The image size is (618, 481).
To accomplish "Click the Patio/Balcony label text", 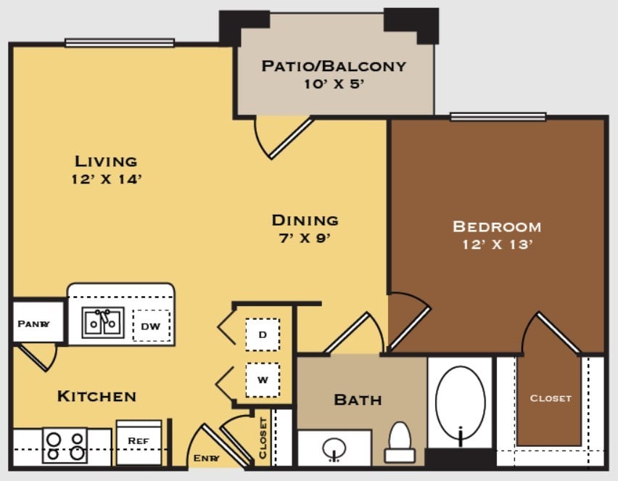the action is pyautogui.click(x=334, y=66).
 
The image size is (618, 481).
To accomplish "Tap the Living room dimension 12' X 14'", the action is pyautogui.click(x=107, y=179).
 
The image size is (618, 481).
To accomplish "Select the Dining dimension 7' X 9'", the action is pyautogui.click(x=305, y=238).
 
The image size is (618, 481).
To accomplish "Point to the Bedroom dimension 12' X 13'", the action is pyautogui.click(x=498, y=244).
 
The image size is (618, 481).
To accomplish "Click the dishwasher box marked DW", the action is pyautogui.click(x=152, y=326).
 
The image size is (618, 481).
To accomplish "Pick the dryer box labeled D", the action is pyautogui.click(x=263, y=334).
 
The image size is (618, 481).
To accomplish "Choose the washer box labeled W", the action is pyautogui.click(x=263, y=380).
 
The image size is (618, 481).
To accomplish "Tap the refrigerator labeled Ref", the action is pyautogui.click(x=139, y=442).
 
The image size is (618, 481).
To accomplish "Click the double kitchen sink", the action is pyautogui.click(x=103, y=323).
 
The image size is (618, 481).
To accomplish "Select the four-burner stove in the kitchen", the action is pyautogui.click(x=65, y=445).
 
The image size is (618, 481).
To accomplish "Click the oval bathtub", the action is pyautogui.click(x=461, y=403).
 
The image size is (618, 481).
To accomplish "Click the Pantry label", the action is pyautogui.click(x=33, y=324).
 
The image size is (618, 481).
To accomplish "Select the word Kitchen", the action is pyautogui.click(x=97, y=396).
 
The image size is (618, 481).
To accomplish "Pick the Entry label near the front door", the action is pyautogui.click(x=206, y=458).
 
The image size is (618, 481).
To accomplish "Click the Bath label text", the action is pyautogui.click(x=358, y=400).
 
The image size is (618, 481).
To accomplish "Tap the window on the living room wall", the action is pyautogui.click(x=120, y=43).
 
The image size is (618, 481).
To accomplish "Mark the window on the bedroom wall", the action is pyautogui.click(x=498, y=117).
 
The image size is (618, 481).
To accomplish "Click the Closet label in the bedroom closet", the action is pyautogui.click(x=551, y=398).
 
